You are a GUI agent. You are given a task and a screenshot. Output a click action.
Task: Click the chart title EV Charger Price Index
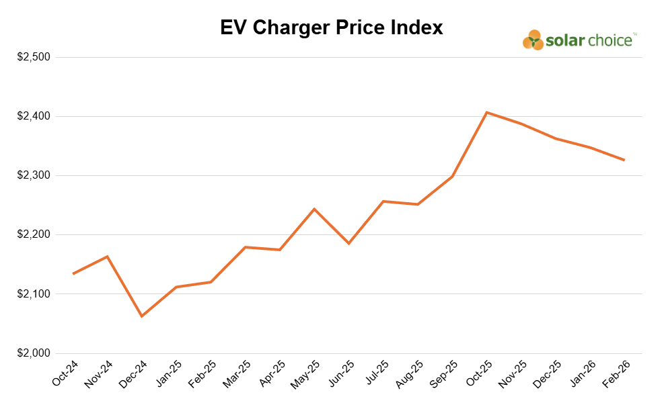[x=331, y=28]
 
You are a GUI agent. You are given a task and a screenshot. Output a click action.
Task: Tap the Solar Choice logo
[x=579, y=40]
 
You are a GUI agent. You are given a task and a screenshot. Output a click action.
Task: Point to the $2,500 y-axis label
[x=34, y=57]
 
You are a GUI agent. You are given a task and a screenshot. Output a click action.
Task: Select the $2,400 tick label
[x=34, y=116]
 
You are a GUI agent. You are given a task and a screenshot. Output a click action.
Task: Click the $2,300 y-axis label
[x=34, y=175]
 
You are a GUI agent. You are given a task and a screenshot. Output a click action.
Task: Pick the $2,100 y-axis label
[x=34, y=293]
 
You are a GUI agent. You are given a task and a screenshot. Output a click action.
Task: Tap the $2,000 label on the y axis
[x=34, y=353]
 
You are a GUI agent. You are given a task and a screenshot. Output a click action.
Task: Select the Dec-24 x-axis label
[x=135, y=373]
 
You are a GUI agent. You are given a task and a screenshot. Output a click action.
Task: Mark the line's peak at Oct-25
[x=486, y=112]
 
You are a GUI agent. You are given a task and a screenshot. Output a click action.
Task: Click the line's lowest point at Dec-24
[x=141, y=316]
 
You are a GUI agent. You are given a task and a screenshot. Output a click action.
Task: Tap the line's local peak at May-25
[x=314, y=209]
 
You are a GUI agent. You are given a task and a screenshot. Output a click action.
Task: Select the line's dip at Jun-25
[x=348, y=243]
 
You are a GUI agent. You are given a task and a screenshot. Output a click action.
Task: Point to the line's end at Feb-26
[x=624, y=160]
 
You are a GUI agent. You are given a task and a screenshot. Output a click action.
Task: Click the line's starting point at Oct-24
[x=73, y=273]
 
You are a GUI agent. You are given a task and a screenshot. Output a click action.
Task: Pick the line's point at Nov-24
[x=107, y=256]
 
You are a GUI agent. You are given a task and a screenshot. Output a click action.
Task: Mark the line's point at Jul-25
[x=383, y=201]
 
